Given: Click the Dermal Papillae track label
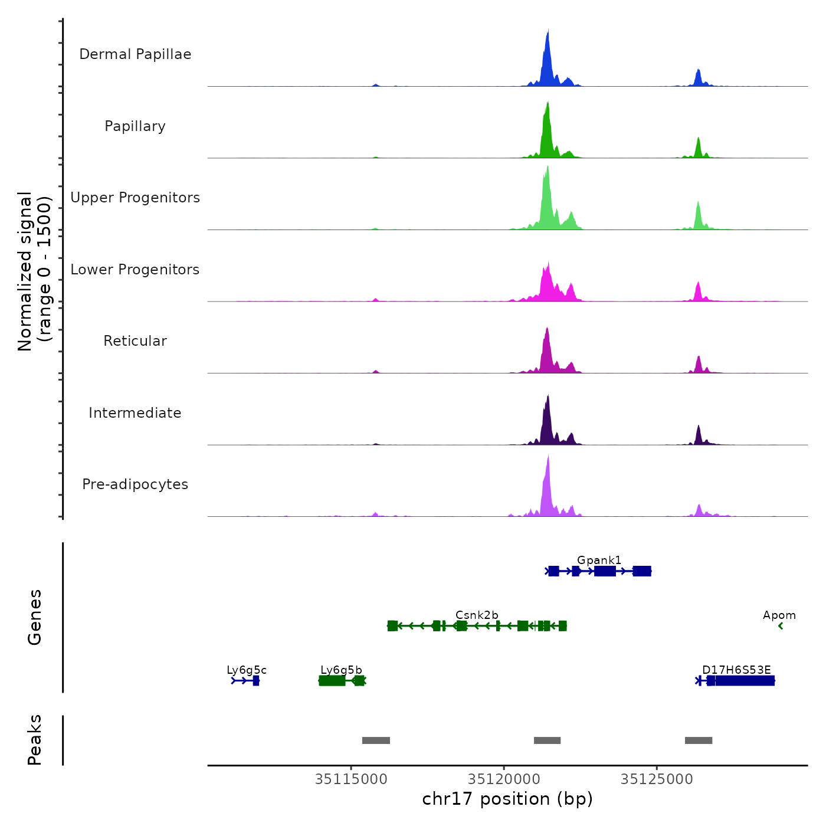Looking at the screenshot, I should click(135, 54).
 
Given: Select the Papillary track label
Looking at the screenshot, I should click(135, 126).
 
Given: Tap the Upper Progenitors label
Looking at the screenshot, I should click(135, 198).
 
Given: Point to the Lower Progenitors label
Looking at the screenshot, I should click(135, 270).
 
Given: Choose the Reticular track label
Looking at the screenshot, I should click(135, 341).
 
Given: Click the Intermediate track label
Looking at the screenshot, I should click(135, 413).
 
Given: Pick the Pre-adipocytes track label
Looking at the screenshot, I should click(135, 484).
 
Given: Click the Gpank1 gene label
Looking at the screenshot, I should click(599, 560).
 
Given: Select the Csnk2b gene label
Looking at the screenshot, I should click(477, 615).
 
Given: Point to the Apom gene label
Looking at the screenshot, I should click(779, 615).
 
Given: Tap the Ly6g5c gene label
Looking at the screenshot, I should click(247, 670).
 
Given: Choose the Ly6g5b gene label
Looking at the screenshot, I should click(341, 670).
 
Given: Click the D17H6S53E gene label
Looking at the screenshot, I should click(736, 670).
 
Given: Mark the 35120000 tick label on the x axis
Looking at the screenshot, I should click(504, 779).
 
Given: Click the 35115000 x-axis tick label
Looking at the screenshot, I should click(351, 779).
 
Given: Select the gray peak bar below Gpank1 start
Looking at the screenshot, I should click(547, 740).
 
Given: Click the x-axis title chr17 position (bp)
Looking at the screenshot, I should click(507, 799).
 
